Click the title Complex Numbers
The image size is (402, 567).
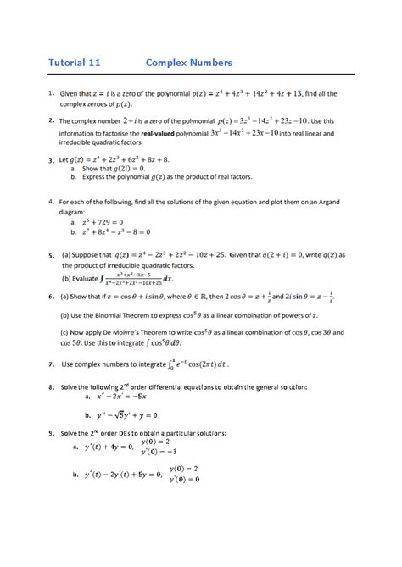189,63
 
